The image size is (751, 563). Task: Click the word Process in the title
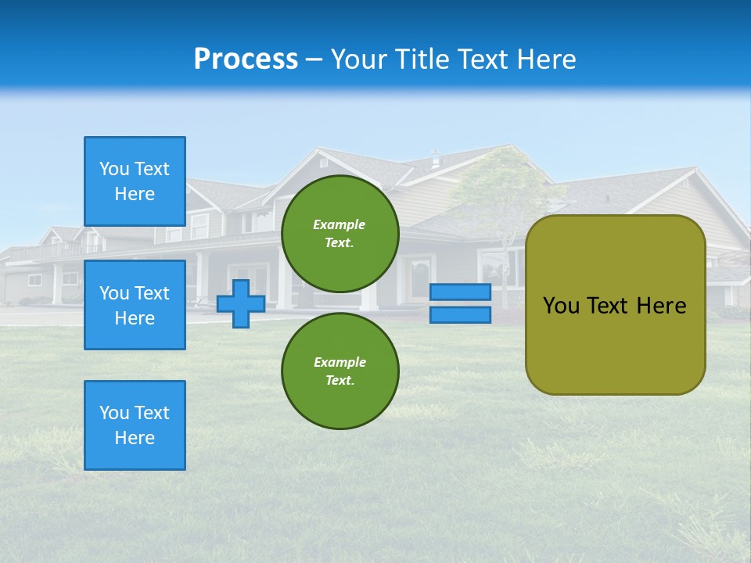[246, 59]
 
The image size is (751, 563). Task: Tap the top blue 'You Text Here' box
[135, 181]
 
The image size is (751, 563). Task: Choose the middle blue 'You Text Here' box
[135, 305]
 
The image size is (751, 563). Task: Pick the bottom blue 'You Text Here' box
[135, 425]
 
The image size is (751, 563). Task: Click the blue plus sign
[241, 303]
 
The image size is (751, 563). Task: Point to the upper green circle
[340, 234]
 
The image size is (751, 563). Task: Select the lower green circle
[340, 371]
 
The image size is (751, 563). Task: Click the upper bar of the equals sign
[460, 292]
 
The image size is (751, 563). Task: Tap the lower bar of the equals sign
[460, 315]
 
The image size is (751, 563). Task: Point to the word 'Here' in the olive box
[661, 306]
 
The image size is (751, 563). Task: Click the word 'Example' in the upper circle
[340, 224]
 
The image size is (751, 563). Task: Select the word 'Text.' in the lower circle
[340, 381]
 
